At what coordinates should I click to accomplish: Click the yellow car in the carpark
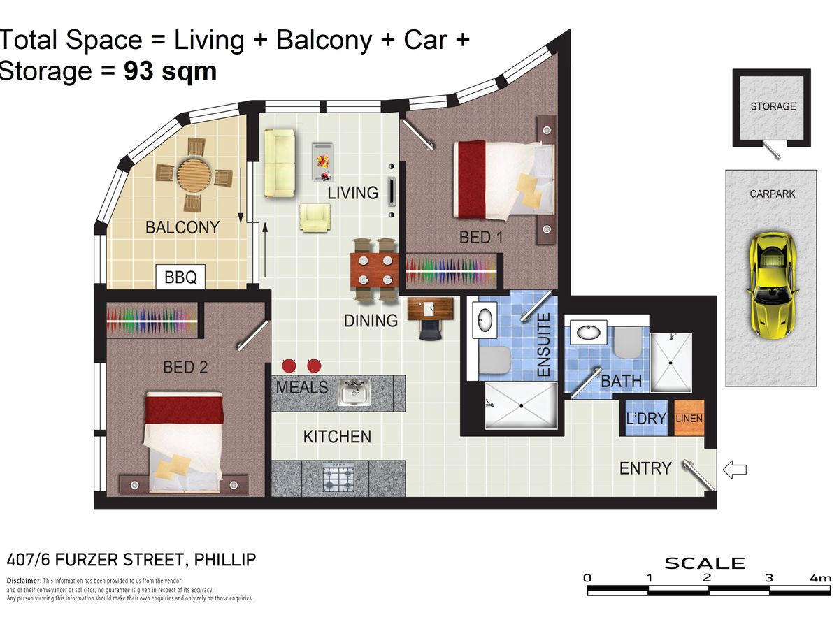click(x=773, y=285)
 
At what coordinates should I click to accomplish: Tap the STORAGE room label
click(x=773, y=106)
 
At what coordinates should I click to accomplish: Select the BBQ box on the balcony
click(x=180, y=277)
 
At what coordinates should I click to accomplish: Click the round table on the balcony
click(x=194, y=176)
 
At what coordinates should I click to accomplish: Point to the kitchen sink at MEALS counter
click(x=354, y=392)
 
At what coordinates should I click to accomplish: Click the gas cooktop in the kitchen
click(x=338, y=479)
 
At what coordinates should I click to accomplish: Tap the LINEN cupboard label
click(x=689, y=419)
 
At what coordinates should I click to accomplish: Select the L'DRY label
click(x=646, y=418)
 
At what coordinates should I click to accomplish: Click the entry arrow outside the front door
click(x=734, y=470)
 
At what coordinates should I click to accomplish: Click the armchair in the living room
click(x=315, y=217)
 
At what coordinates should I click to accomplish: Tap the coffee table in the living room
click(x=322, y=161)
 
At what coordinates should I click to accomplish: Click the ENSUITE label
click(x=543, y=345)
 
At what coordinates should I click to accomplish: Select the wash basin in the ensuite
click(x=485, y=319)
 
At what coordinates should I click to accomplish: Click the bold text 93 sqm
click(x=170, y=71)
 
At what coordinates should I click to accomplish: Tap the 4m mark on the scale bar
click(x=820, y=578)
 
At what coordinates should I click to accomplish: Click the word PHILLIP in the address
click(x=224, y=560)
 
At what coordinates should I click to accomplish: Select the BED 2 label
click(x=185, y=367)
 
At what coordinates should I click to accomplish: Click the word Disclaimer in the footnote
click(x=24, y=581)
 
